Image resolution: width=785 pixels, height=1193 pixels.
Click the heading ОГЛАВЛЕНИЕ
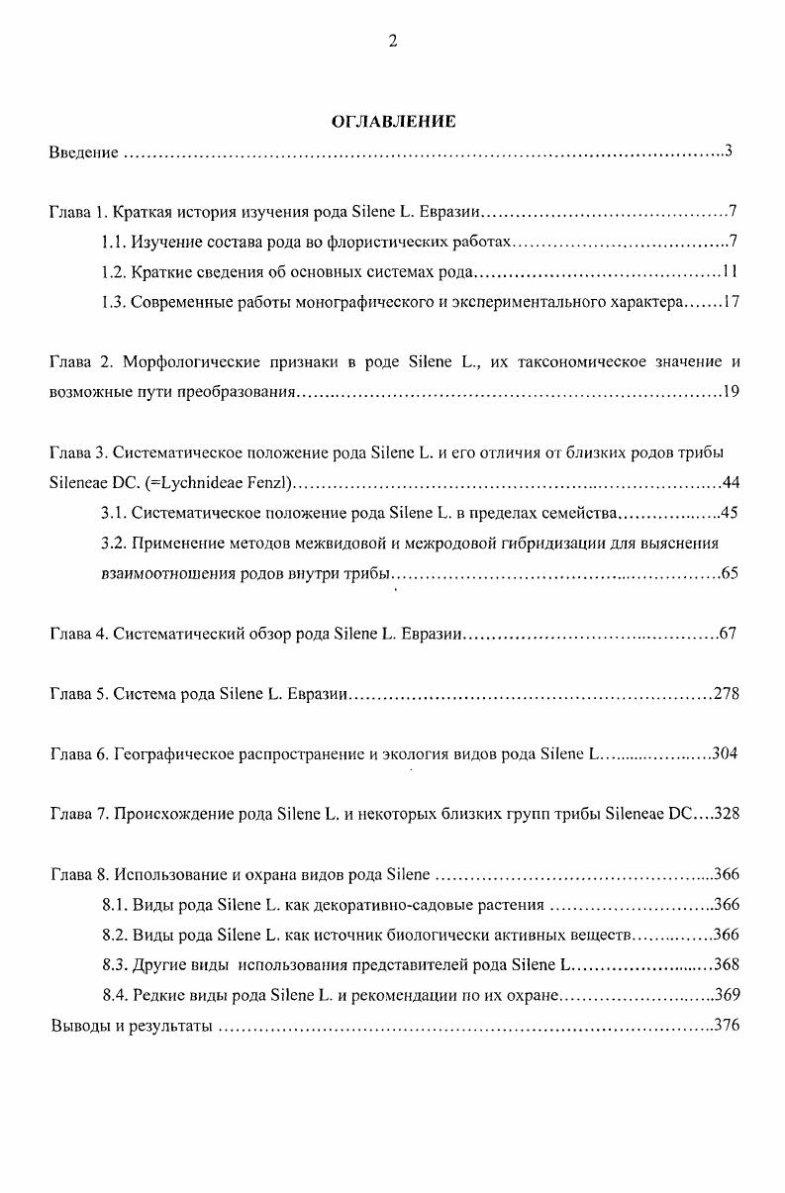[x=393, y=122]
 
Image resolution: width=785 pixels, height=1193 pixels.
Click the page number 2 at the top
[x=393, y=41]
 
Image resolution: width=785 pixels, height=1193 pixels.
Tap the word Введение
[x=84, y=152]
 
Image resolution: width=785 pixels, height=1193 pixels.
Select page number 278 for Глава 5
[x=726, y=694]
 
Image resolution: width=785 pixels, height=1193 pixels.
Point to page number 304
[x=724, y=754]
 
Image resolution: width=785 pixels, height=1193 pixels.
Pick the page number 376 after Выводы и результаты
[x=727, y=1026]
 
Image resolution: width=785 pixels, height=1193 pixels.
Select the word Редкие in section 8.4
[x=152, y=995]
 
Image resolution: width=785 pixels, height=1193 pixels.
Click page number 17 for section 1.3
[x=731, y=302]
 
